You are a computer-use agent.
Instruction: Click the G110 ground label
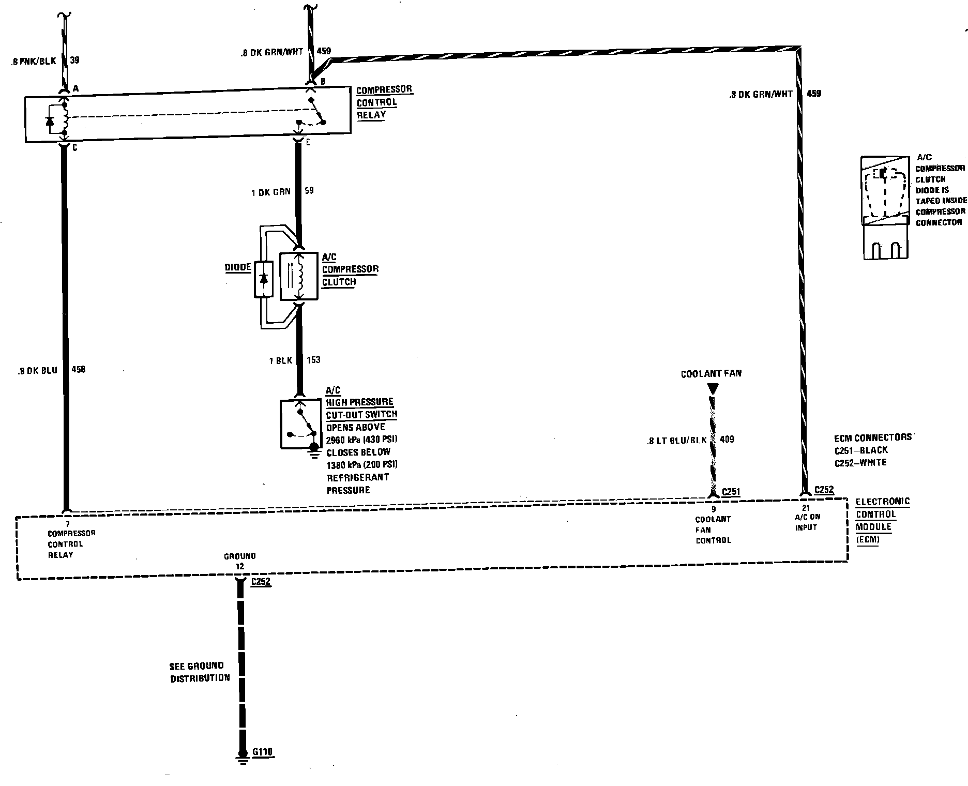262,752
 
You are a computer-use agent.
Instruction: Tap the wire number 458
78,370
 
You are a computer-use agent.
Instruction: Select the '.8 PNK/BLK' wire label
33,61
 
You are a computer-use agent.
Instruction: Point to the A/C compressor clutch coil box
299,276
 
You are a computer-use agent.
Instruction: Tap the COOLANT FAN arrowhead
713,388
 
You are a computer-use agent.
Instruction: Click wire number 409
727,440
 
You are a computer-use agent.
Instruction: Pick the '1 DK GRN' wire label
271,192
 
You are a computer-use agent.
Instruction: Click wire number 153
313,360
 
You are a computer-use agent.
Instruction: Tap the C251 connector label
731,491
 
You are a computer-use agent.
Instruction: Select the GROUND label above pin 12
239,556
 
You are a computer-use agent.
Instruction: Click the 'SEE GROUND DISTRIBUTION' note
200,672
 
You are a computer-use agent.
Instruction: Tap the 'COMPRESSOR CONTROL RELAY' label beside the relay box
384,102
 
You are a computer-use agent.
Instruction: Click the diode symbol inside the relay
50,121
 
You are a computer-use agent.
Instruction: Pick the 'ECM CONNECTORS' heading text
873,437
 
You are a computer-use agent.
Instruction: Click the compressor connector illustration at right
885,207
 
